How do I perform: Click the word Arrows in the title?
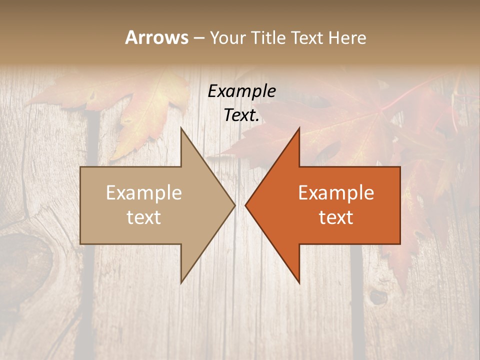[x=156, y=37]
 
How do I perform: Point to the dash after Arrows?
[x=198, y=38]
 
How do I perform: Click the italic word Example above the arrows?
[x=241, y=91]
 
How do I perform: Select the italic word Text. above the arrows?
[x=241, y=115]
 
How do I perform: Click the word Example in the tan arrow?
[x=144, y=193]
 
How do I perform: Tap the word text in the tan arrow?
[x=144, y=217]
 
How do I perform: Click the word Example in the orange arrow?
[x=336, y=193]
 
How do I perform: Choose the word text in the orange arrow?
[x=336, y=217]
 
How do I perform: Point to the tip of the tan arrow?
[x=234, y=205]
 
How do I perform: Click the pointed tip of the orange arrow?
[x=246, y=205]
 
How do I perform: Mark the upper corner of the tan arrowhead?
[x=181, y=128]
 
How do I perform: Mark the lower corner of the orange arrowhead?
[x=299, y=282]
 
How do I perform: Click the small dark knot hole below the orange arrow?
[x=378, y=297]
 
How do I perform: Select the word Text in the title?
[x=307, y=37]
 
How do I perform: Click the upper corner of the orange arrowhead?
[x=299, y=128]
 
